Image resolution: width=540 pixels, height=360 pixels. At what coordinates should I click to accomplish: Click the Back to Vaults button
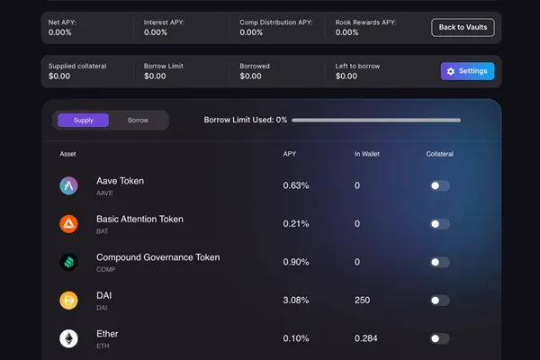(x=463, y=27)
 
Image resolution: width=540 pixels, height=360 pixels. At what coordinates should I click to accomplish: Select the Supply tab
(x=83, y=121)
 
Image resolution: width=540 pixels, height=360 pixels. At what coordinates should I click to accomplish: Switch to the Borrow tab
(x=138, y=121)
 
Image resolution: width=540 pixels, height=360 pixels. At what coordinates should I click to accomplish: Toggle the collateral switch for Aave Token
(x=440, y=185)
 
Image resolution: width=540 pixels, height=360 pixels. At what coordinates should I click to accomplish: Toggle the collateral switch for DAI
(x=440, y=301)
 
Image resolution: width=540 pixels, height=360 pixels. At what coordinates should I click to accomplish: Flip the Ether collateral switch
(x=440, y=338)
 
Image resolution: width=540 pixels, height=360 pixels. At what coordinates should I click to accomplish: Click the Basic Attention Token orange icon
(x=68, y=224)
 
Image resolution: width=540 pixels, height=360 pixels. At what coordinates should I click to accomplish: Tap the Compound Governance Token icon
(x=68, y=262)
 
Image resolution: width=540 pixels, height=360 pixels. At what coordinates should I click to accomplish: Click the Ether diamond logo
(x=68, y=338)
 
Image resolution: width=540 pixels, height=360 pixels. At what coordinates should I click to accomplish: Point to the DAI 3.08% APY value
(x=296, y=301)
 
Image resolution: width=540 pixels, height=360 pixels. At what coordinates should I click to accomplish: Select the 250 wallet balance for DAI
(x=363, y=301)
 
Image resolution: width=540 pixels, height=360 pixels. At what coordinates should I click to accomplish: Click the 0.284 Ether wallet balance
(x=365, y=338)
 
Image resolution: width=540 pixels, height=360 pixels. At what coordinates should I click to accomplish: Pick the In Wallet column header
(x=367, y=154)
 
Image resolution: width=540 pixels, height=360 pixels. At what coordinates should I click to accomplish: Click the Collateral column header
(x=440, y=154)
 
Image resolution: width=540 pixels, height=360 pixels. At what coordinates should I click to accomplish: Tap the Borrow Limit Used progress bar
(x=376, y=121)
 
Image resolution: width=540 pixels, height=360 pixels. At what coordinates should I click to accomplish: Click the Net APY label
(x=62, y=22)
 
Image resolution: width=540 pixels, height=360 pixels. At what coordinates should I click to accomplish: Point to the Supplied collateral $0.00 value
(x=59, y=76)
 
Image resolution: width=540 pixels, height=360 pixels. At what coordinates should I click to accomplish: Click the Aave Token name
(x=121, y=181)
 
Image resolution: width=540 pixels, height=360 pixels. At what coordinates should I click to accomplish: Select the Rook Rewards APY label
(x=365, y=22)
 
